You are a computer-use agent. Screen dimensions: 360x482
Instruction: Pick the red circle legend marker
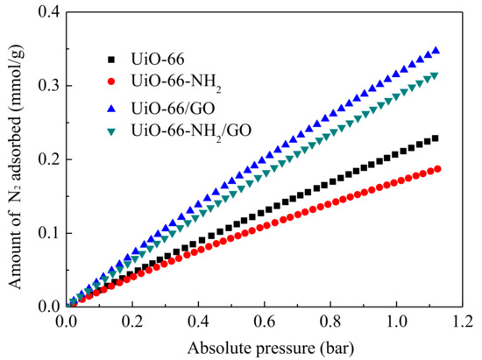point(111,83)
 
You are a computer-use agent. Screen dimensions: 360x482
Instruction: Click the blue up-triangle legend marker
point(111,107)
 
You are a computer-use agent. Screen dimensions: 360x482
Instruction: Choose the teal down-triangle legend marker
point(111,131)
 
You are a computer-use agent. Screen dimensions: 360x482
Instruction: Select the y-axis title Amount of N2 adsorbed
point(15,158)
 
